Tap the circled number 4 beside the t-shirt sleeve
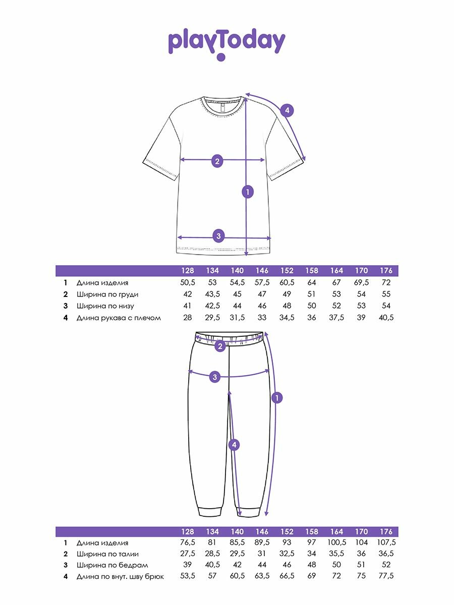tap(287, 110)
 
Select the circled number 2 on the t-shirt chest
tap(217, 161)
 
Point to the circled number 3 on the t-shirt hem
tap(218, 235)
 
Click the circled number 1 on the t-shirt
tap(247, 192)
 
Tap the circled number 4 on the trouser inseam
tap(233, 445)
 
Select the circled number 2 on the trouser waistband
tap(220, 346)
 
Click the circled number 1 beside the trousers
tap(276, 398)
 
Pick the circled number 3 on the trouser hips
tap(215, 377)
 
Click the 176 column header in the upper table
tap(386, 271)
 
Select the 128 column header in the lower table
tap(187, 532)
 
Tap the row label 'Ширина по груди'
tap(107, 294)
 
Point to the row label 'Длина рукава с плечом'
tap(119, 318)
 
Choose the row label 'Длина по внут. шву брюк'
tap(120, 576)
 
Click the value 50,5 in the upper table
tap(187, 283)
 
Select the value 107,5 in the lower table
tap(386, 543)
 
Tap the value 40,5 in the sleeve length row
tap(386, 318)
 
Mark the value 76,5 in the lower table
tap(187, 543)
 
